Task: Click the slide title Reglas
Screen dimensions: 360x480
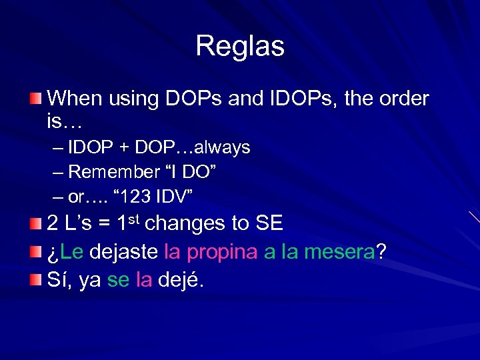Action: pos(240,46)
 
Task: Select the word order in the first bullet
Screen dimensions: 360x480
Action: pos(405,99)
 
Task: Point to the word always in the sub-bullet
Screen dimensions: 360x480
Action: pos(224,147)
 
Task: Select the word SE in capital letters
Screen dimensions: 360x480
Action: pos(269,223)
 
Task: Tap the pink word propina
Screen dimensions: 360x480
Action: pos(223,253)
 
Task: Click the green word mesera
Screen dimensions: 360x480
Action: pos(339,252)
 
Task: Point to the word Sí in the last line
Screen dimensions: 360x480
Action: pos(59,280)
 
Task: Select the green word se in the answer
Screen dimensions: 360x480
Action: pos(118,281)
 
